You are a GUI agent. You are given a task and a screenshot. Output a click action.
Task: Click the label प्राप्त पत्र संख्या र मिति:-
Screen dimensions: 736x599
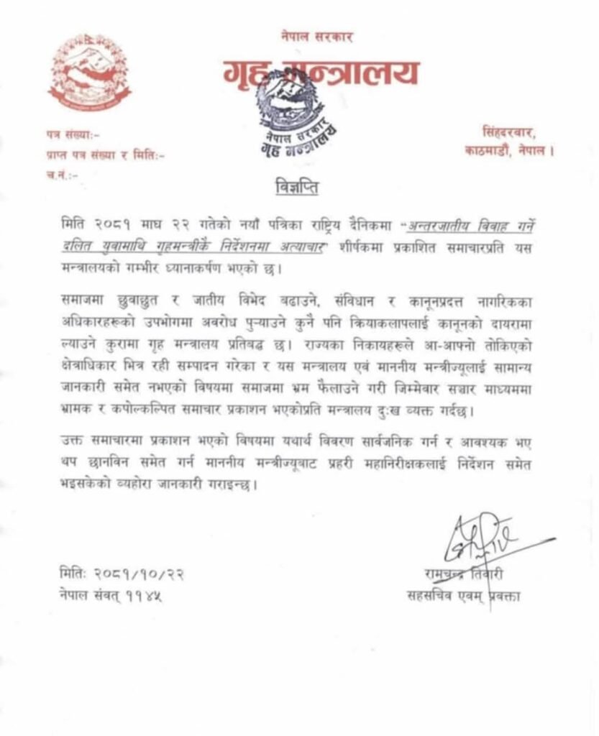pos(100,153)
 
